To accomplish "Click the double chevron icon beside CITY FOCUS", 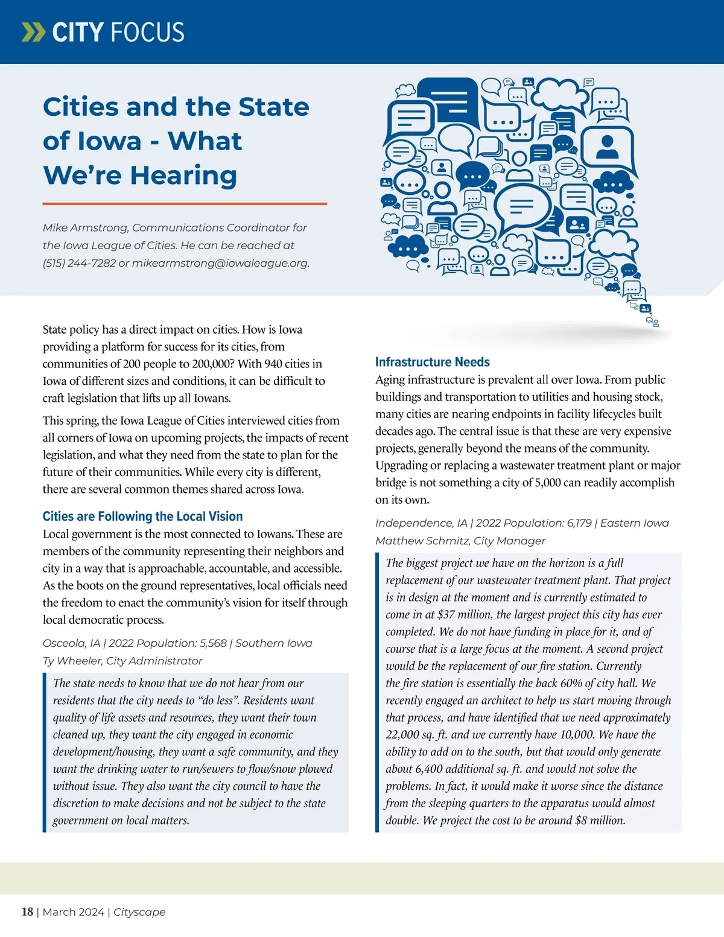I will click(x=33, y=32).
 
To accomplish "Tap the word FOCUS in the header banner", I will click(x=148, y=32).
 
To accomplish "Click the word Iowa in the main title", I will click(x=107, y=141).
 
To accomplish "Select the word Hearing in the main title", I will click(x=183, y=176).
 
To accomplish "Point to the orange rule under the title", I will click(x=185, y=204).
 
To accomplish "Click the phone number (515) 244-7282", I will click(x=79, y=263).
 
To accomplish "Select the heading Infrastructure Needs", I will click(x=432, y=362).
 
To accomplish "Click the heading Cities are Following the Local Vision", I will click(x=142, y=516).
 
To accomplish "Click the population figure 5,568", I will click(x=211, y=643).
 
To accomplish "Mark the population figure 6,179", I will click(x=579, y=523).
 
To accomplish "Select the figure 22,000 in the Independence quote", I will click(x=403, y=735).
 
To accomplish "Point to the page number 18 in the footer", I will click(x=27, y=912).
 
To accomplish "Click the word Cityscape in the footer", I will click(x=139, y=912).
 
